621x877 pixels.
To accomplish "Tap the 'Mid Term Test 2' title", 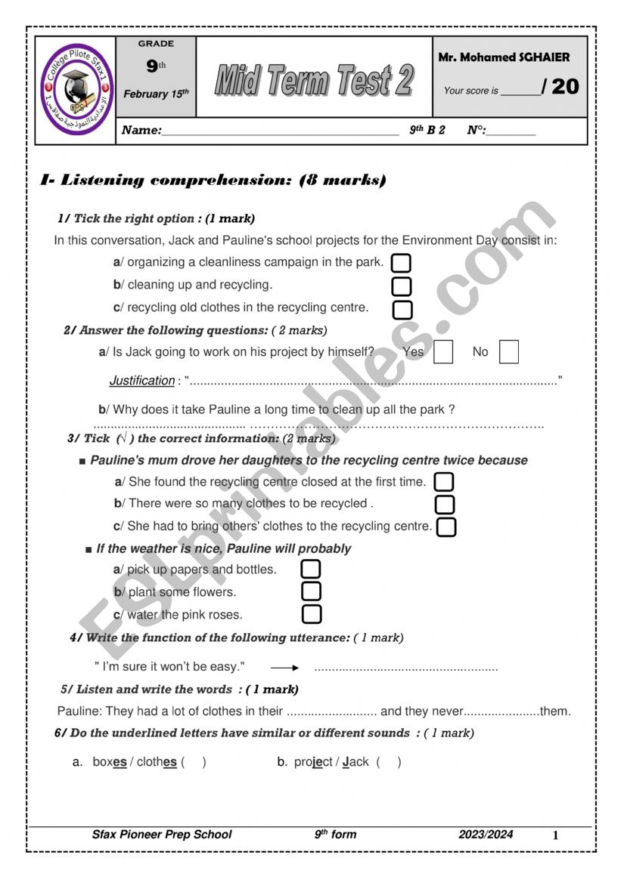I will click(x=315, y=79).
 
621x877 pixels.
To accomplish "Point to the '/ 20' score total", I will click(x=560, y=87).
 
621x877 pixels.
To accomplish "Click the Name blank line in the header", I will click(x=280, y=131).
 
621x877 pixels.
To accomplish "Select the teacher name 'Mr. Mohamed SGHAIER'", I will click(x=504, y=57).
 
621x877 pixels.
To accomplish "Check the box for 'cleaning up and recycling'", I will click(x=402, y=286).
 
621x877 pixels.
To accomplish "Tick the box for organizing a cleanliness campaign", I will click(x=402, y=264).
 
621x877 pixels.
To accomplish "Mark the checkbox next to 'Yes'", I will click(x=443, y=352).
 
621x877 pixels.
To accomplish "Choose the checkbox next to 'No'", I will click(x=509, y=352).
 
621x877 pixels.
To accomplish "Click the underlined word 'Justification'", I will click(x=142, y=381).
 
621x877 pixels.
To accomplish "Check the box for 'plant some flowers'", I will click(x=311, y=591).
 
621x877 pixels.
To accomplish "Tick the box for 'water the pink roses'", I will click(x=311, y=614).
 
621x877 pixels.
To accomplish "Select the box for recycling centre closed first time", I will click(x=445, y=482).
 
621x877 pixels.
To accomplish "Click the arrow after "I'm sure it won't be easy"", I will click(x=285, y=668).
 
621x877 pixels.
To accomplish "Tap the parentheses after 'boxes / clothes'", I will click(x=193, y=762).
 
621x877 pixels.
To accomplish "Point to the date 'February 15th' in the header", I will click(x=156, y=94).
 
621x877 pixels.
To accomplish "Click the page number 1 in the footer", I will click(x=555, y=835).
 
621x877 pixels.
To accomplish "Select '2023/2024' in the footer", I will click(x=486, y=835).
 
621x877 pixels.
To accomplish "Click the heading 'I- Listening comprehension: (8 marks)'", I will click(x=213, y=181).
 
